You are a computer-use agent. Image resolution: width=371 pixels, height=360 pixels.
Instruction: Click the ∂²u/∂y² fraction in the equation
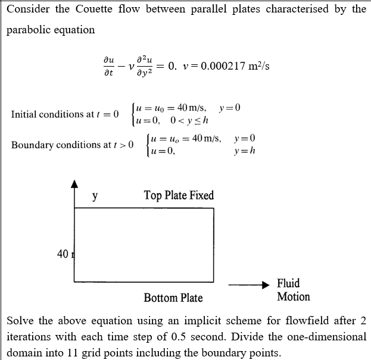coord(145,67)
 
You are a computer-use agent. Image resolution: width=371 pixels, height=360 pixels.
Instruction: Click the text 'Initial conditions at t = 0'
coord(65,114)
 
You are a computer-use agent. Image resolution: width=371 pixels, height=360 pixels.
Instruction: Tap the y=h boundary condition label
coord(245,151)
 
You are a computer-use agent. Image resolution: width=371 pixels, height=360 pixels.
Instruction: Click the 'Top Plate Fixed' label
coord(179,195)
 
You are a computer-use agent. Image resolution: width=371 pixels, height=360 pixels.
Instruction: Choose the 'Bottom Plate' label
coord(173,298)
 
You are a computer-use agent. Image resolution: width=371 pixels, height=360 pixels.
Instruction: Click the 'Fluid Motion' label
coord(293,290)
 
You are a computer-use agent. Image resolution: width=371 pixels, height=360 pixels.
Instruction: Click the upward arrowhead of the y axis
coord(74,185)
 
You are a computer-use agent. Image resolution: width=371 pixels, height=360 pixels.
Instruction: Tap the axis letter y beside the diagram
coord(95,195)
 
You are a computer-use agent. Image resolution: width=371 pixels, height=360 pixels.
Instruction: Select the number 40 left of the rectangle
coord(63,254)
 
